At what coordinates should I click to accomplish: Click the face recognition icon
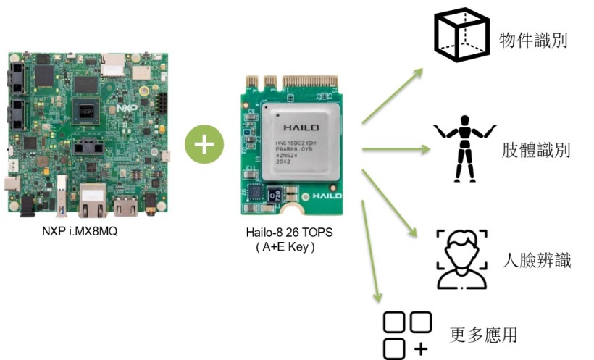(x=461, y=259)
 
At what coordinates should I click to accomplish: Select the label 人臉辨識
(x=537, y=260)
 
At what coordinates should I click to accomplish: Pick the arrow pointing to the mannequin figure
(x=395, y=151)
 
